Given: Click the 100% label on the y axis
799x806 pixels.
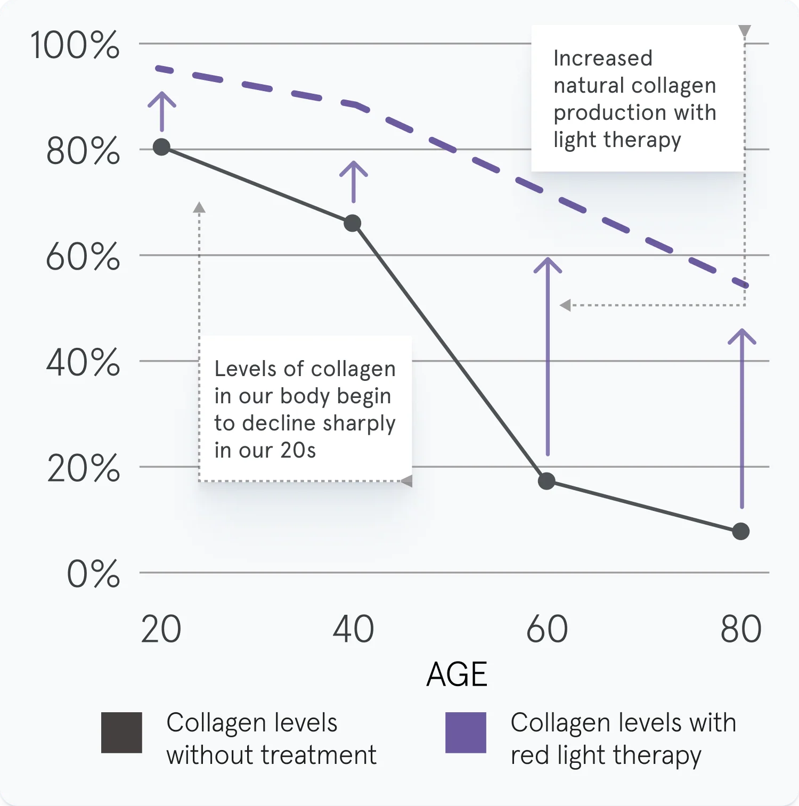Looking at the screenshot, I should point(75,45).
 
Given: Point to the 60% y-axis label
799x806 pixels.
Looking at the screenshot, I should point(83,257).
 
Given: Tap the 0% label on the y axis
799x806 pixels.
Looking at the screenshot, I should point(93,574).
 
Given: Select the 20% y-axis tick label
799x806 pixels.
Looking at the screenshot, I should point(83,469).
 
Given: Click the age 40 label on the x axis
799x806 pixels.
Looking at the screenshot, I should point(353,629).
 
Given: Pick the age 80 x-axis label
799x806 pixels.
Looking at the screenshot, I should point(741,629).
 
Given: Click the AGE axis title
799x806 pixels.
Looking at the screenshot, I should point(456,674).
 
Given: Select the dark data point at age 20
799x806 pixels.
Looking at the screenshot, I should point(161,147).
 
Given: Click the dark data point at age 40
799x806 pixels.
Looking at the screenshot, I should point(352,223).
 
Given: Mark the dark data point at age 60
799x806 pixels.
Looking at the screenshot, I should point(547,481).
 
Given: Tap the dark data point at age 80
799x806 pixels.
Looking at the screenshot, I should point(741,531).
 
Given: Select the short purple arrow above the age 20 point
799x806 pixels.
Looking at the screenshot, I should point(161,110).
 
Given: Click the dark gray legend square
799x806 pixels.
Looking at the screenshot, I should point(121,732).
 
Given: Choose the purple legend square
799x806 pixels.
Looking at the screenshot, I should point(466,732).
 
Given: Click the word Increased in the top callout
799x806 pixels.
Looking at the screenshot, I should point(602,58).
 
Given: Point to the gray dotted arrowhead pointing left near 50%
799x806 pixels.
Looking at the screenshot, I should point(565,305).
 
